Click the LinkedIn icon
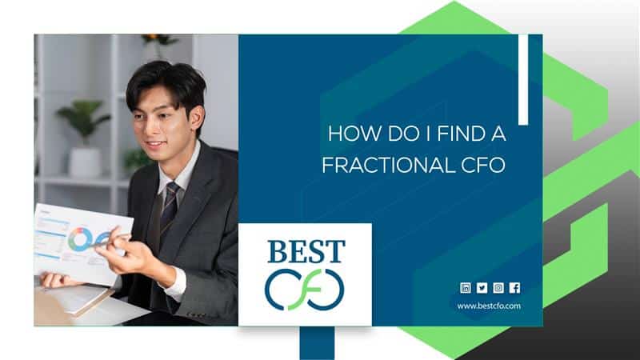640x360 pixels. tap(466, 288)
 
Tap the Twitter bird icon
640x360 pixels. tap(482, 288)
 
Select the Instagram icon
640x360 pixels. tap(498, 288)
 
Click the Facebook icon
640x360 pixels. tap(514, 288)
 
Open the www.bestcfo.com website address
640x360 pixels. tap(489, 306)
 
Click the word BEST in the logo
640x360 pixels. tap(306, 251)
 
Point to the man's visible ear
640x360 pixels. tap(197, 115)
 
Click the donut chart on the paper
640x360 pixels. tap(81, 238)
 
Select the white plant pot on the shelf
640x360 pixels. tap(85, 162)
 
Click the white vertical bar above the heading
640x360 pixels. tap(523, 79)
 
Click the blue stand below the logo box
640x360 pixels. tap(317, 343)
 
